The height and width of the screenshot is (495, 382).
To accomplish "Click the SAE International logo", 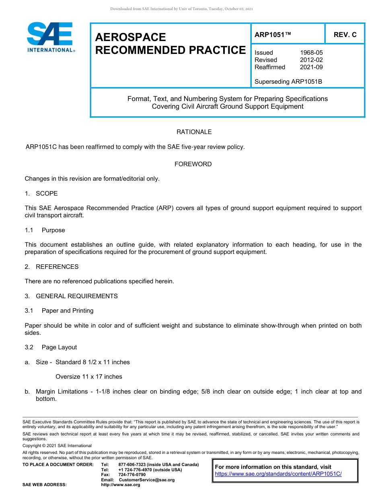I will pos(51,37).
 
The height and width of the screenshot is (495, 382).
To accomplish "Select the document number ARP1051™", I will pos(273,35).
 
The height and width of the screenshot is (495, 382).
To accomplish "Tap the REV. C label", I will pos(345,35).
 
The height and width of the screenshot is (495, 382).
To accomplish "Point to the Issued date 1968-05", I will pos(311,53).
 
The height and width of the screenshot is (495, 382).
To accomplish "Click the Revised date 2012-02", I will pos(311,60).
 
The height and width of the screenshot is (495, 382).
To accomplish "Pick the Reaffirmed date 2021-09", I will pos(311,67).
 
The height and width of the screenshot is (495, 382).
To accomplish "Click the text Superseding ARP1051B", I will pos(288,82).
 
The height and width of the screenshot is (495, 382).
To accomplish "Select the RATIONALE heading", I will pos(194,132).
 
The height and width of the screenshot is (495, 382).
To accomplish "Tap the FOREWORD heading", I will pos(193,164).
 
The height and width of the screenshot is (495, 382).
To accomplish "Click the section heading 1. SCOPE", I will pos(41,194).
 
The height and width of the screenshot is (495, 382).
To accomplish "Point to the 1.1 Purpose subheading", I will pos(45,230).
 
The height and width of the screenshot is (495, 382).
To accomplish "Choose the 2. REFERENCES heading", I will pos(51,267).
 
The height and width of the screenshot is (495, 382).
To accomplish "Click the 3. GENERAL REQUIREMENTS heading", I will pos(71,296).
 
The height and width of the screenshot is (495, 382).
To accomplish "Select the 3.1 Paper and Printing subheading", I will pos(59,311).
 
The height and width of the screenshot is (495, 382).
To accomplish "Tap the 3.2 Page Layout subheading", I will pos(51,347).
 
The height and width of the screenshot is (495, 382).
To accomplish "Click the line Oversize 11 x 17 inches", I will pos(88,377).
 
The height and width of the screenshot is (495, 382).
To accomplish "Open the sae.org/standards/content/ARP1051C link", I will pos(278,474).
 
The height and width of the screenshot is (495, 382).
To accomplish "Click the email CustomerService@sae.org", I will pos(147,480).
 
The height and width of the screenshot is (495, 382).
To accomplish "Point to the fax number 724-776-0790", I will pos(132,475).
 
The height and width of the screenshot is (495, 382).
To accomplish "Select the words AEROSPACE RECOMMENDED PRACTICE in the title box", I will pos(170,44).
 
